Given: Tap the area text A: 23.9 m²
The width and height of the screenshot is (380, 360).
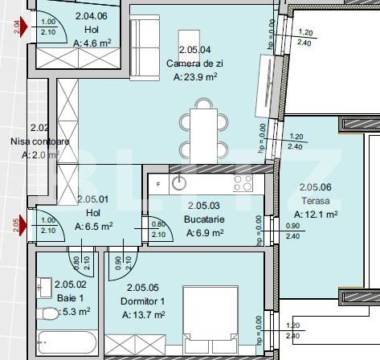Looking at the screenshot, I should click(x=196, y=78).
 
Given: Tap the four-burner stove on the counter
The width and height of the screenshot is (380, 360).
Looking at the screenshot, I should click(x=243, y=183).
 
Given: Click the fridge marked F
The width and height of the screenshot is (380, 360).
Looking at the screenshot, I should click(x=158, y=183).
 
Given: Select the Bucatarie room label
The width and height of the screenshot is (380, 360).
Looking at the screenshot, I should click(x=204, y=219).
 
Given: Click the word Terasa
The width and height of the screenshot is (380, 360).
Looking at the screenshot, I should click(x=309, y=201).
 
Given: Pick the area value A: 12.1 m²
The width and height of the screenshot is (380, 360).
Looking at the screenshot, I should click(x=315, y=215).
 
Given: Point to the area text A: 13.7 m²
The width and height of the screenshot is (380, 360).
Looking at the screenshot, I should click(x=144, y=316).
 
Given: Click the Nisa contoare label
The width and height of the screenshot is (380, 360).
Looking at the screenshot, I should click(x=39, y=141).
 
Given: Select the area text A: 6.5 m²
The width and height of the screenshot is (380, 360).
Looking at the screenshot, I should click(x=93, y=227).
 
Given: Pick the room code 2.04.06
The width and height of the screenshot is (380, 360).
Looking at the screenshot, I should click(x=91, y=15).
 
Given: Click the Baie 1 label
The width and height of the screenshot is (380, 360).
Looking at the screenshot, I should click(x=70, y=297).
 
